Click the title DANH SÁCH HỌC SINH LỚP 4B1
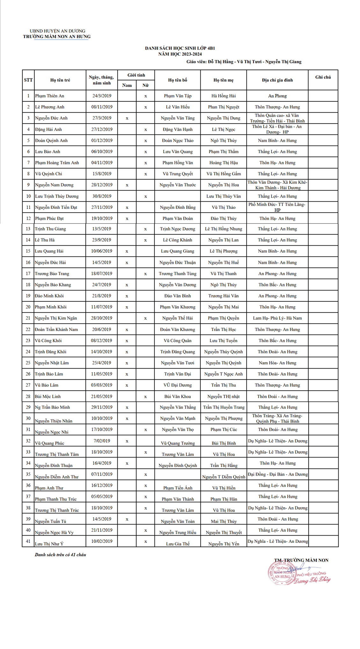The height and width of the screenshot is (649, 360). point(180,48)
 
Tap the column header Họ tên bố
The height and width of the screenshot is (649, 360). point(177,80)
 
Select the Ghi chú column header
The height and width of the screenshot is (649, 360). point(323,77)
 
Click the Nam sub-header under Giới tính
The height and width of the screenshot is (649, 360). point(127,85)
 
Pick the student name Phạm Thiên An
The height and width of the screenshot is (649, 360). point(50,96)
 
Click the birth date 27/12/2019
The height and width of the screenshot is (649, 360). point(102,129)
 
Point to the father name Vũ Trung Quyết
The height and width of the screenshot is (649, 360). point(177,174)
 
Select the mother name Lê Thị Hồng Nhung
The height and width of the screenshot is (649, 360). point(223,229)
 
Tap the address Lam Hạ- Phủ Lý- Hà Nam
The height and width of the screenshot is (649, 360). point(277,318)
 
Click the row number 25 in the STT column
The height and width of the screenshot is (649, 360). point(28,363)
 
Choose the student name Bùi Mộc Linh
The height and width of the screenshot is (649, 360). point(48,396)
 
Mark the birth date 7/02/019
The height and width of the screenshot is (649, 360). point(102,441)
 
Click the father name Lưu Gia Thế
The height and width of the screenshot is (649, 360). point(177,544)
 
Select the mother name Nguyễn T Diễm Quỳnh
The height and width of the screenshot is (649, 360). point(223,477)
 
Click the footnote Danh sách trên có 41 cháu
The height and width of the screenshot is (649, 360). point(60,554)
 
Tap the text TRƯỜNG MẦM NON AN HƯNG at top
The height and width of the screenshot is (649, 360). point(57,37)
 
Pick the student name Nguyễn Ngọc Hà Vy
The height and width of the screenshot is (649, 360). point(54,532)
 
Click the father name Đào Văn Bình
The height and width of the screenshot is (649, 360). point(177,296)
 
